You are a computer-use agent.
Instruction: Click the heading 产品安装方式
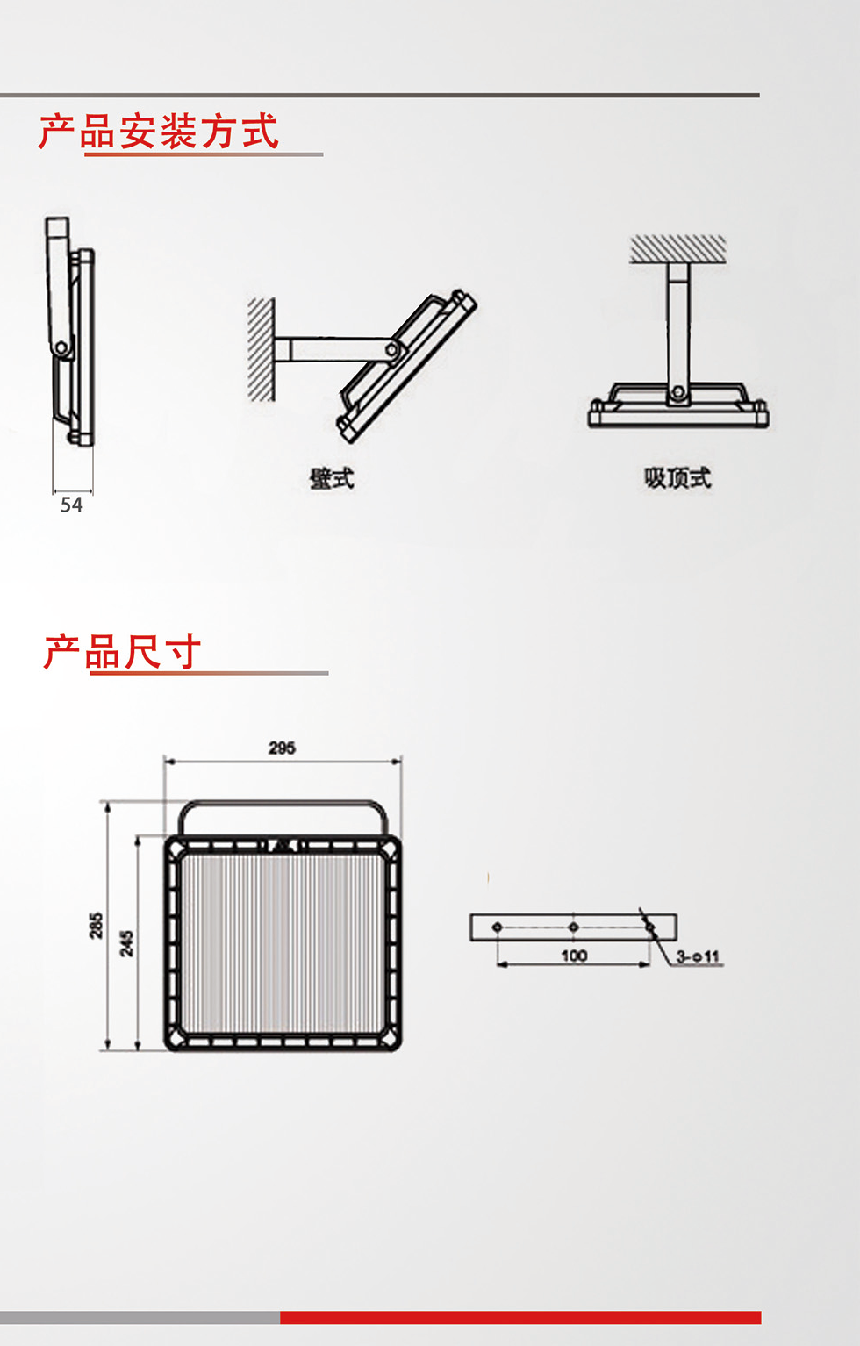(159, 132)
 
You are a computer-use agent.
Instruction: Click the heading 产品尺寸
(123, 652)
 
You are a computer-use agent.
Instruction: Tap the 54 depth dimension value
(71, 505)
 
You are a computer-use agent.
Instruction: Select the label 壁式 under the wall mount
(332, 478)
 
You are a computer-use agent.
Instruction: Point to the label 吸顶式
(677, 477)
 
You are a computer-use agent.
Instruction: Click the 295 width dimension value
(282, 748)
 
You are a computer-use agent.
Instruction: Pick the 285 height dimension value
(96, 926)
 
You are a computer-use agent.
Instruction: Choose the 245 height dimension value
(127, 943)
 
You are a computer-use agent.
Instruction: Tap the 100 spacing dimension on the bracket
(574, 956)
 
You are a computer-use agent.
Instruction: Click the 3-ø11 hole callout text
(699, 956)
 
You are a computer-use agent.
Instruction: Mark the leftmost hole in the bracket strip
(498, 927)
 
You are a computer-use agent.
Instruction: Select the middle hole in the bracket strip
(573, 927)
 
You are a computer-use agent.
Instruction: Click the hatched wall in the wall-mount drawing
(261, 349)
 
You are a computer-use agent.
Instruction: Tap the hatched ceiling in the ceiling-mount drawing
(677, 248)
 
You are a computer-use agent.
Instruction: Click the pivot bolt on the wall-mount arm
(391, 351)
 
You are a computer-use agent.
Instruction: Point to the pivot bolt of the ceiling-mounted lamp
(677, 392)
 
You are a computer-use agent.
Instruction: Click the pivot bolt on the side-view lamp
(61, 348)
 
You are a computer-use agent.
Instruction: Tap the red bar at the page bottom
(520, 1317)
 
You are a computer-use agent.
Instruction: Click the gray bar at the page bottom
(140, 1317)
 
